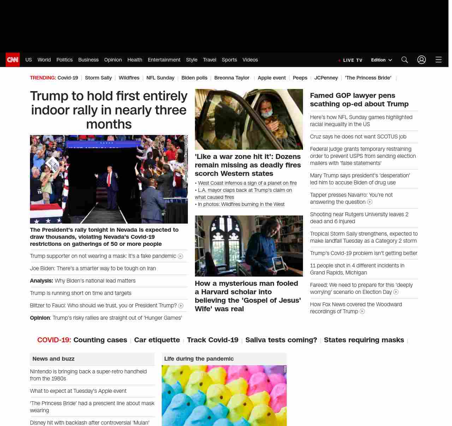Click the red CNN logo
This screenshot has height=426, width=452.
pos(13,60)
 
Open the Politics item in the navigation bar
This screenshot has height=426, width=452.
pos(64,60)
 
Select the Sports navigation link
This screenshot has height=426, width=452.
pos(229,60)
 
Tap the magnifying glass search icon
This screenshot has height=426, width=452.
pos(405,60)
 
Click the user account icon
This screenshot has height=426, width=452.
pos(422,60)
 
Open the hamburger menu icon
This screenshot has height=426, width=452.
pos(439,60)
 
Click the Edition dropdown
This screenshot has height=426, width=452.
pos(381,60)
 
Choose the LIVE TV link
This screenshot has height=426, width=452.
pos(351,60)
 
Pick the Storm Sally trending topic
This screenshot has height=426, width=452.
pos(98,78)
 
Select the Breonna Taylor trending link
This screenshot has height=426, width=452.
pos(232,78)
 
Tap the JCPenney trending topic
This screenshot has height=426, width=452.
pos(326,78)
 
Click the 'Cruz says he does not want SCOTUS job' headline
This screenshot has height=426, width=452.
pos(358,137)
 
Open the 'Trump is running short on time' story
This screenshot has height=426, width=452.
pos(81,293)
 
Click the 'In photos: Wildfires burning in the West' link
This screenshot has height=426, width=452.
pos(241,204)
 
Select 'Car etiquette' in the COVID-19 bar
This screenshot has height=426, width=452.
pos(157,340)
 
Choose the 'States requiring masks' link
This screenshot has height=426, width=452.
pos(364,340)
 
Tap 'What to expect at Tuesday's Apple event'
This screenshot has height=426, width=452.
pos(78,391)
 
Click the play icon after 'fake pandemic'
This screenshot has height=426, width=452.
pos(180,256)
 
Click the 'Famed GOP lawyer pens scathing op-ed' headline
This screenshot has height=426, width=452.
pos(359,100)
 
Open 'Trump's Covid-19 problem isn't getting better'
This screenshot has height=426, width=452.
pos(363,253)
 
